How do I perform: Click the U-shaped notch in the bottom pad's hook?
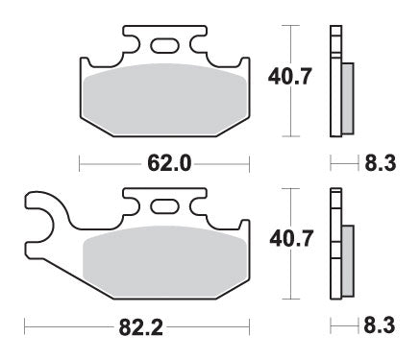[37, 216]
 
